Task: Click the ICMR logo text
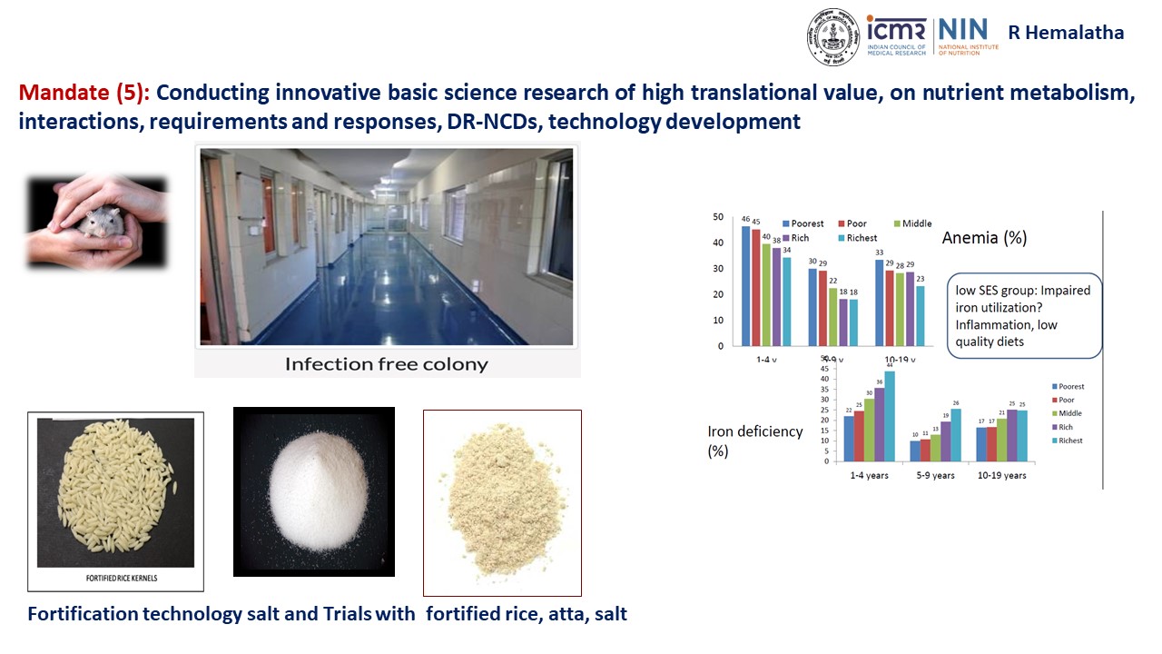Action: (x=897, y=29)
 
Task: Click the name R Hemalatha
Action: (x=1066, y=34)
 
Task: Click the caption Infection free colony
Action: (x=386, y=364)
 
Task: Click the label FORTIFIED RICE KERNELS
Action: (x=115, y=577)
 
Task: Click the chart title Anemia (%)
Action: (x=984, y=238)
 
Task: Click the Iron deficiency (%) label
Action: (x=754, y=441)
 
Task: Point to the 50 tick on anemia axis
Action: (x=718, y=217)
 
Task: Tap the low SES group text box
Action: (x=1024, y=316)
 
